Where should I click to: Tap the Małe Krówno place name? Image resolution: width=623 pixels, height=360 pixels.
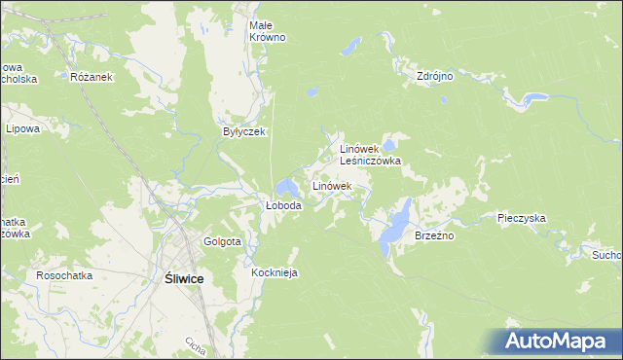click(x=267, y=30)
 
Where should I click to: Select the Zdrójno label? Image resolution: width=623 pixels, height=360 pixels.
click(x=435, y=75)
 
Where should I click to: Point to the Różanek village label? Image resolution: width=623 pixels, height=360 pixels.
click(x=92, y=76)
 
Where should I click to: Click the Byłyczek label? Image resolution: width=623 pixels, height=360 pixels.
click(x=243, y=132)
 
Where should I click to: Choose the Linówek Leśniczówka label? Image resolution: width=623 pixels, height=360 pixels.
click(x=370, y=155)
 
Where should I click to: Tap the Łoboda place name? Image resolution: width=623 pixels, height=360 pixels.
click(x=284, y=206)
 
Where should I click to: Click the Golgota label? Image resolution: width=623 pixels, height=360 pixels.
click(x=222, y=241)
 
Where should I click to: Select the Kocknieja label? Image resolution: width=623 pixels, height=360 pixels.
click(x=274, y=273)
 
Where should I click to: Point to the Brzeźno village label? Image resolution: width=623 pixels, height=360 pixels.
click(x=435, y=235)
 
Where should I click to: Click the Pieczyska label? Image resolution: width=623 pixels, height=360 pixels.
click(x=521, y=219)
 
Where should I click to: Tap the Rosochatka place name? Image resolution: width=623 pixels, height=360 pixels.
click(x=64, y=275)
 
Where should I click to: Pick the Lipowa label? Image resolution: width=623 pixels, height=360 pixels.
click(x=22, y=128)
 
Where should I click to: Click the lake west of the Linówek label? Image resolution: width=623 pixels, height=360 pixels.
click(x=287, y=186)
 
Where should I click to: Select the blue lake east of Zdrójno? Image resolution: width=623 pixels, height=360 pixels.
click(x=531, y=98)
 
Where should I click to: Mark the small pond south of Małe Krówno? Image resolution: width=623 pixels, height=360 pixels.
click(x=311, y=93)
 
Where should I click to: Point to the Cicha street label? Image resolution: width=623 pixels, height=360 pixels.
click(x=195, y=345)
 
